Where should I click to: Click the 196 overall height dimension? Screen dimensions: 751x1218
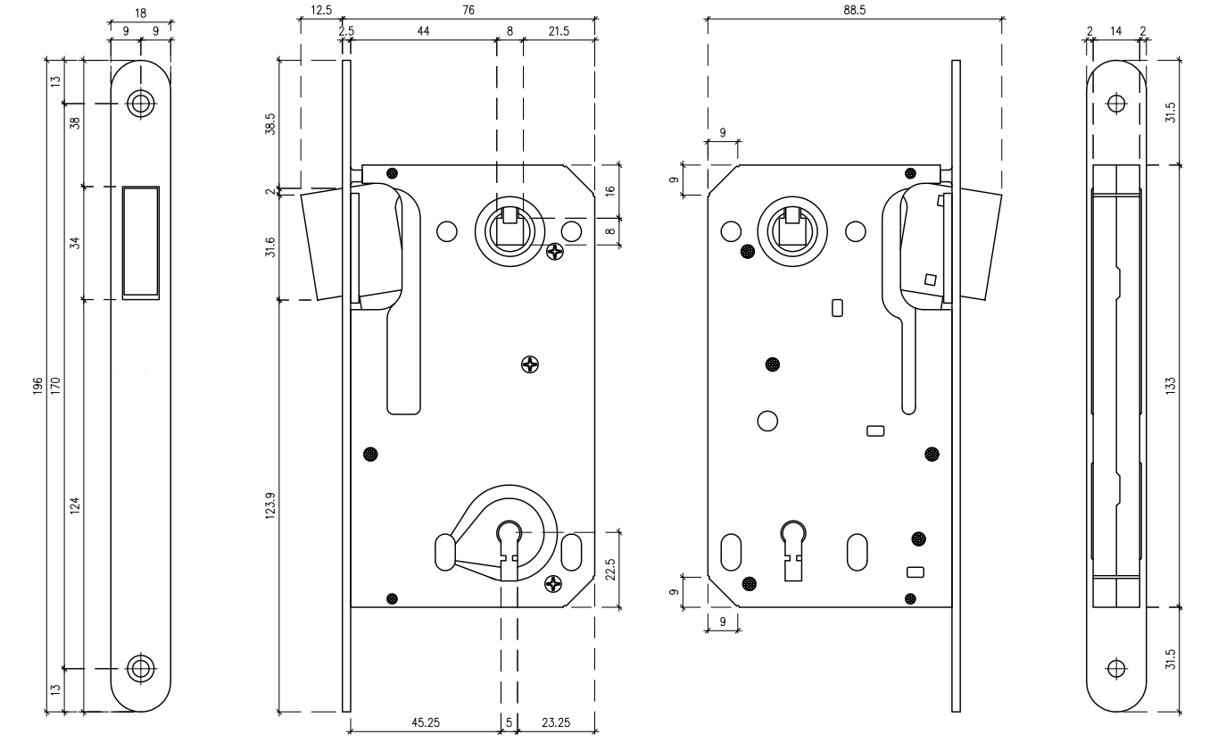(x=37, y=386)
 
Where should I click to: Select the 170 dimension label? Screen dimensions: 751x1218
(x=55, y=386)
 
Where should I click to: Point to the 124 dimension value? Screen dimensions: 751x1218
(x=75, y=505)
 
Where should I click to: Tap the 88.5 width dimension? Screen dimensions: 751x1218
(x=855, y=10)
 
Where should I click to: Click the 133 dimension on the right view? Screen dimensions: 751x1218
(x=1171, y=385)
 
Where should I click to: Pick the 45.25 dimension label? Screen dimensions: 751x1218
(x=424, y=722)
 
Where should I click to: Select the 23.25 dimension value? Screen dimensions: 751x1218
(x=557, y=722)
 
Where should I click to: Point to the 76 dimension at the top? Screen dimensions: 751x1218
(x=468, y=10)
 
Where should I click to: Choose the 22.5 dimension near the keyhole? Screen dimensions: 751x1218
(x=609, y=569)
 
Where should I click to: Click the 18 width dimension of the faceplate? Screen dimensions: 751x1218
(x=141, y=11)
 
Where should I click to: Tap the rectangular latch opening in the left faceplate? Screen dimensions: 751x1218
(x=141, y=242)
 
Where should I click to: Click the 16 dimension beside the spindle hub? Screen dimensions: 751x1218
(x=609, y=190)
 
